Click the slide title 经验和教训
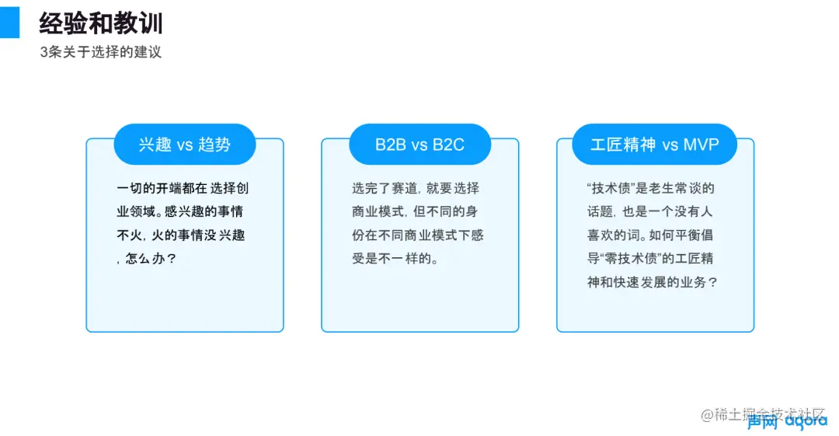point(100,23)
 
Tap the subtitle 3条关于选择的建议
point(100,52)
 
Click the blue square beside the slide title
point(9,23)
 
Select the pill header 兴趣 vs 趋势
point(185,144)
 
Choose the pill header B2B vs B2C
point(420,144)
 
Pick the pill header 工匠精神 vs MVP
point(654,144)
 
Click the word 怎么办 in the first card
point(144,259)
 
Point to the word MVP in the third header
point(701,145)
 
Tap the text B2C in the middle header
point(448,145)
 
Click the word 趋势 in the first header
point(214,145)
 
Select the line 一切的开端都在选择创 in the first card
point(183,189)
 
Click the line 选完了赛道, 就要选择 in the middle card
point(416,189)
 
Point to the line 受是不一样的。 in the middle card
point(395,259)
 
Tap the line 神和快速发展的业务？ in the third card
point(653,282)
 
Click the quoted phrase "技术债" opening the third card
point(610,189)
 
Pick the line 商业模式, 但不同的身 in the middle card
point(415,211)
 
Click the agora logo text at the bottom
point(806,421)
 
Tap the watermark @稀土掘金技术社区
point(763,414)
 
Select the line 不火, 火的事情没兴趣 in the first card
point(181,235)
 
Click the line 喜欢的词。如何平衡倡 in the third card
point(650,235)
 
